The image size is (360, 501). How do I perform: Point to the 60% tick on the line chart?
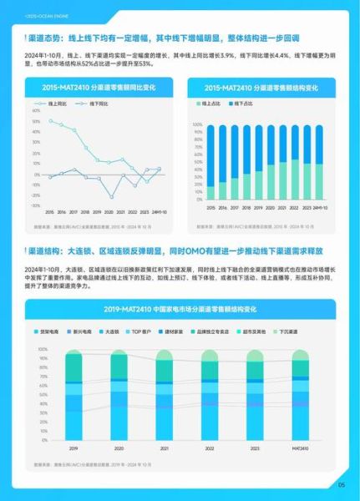point(36,110)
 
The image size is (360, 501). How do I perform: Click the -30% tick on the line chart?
point(35,205)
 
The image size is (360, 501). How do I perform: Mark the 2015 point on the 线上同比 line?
point(50,121)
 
